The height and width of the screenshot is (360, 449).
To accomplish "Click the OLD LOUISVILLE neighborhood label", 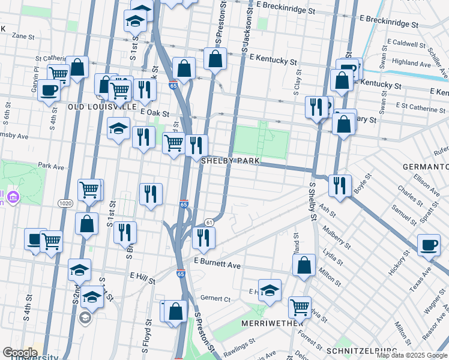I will click(x=102, y=106).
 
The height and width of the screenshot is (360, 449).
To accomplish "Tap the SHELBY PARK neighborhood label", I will click(x=229, y=161).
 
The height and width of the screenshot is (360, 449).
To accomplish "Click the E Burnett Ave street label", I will click(x=217, y=264).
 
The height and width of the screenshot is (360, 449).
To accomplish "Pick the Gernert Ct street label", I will click(x=215, y=298).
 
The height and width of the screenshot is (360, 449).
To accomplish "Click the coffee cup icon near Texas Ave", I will click(x=429, y=245).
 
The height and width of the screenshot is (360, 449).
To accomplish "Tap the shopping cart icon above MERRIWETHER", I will click(x=300, y=307).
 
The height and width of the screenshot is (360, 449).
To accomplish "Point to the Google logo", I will click(x=20, y=352).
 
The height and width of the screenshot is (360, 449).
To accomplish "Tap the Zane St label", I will click(x=23, y=36).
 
